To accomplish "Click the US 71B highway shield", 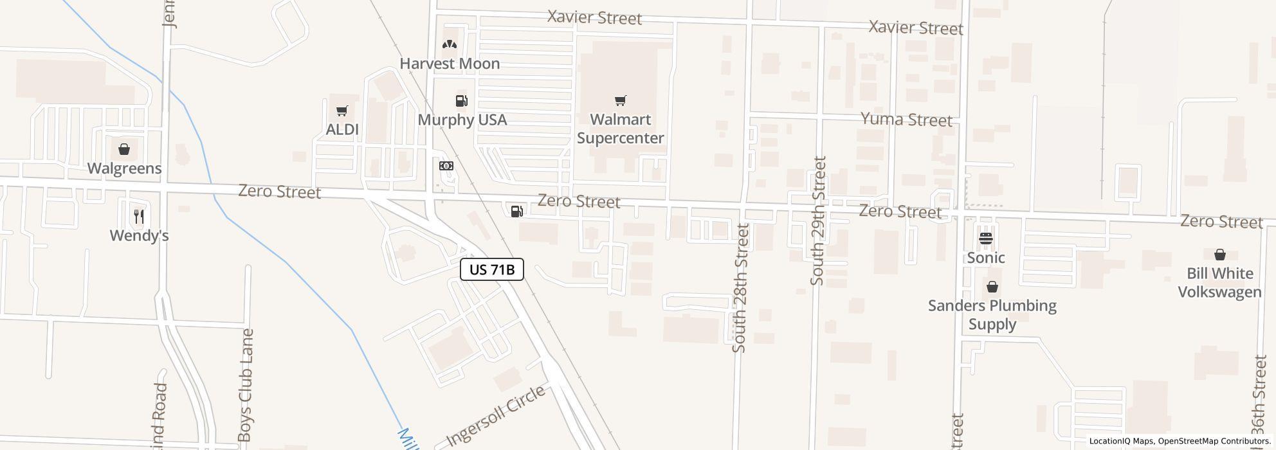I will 492,269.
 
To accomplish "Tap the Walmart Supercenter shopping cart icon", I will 620,101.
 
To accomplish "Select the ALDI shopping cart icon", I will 342,111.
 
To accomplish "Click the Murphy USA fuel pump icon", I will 461,101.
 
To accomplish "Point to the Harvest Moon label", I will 450,64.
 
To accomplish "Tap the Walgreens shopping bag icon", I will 124,150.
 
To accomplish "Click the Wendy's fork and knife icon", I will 139,217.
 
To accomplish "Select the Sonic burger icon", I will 986,239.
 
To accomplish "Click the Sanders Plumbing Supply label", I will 992,314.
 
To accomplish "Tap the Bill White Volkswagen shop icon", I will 1219,255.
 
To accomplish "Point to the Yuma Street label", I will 906,120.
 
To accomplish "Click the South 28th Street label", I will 740,287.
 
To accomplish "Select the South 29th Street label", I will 817,221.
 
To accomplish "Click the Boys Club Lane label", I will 245,385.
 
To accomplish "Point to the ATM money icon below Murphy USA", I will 446,166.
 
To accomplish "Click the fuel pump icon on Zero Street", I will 516,211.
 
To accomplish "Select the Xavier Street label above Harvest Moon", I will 594,17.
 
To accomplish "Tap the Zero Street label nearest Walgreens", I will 279,192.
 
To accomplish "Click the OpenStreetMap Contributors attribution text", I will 1215,442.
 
